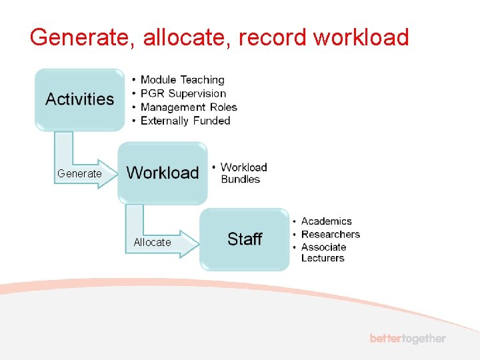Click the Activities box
pyautogui.click(x=80, y=99)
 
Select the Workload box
pyautogui.click(x=163, y=173)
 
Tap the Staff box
pyautogui.click(x=245, y=239)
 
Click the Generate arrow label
pyautogui.click(x=79, y=173)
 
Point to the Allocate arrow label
pyautogui.click(x=152, y=242)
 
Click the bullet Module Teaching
pyautogui.click(x=182, y=80)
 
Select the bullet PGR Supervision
pyautogui.click(x=183, y=93)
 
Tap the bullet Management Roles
pyautogui.click(x=189, y=107)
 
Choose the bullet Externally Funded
pyautogui.click(x=185, y=121)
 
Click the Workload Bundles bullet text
pyautogui.click(x=243, y=173)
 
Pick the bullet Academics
pyautogui.click(x=326, y=221)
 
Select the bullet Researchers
pyautogui.click(x=330, y=234)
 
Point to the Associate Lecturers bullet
pyautogui.click(x=323, y=253)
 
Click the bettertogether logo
pyautogui.click(x=408, y=339)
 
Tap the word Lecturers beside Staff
pyautogui.click(x=323, y=258)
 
